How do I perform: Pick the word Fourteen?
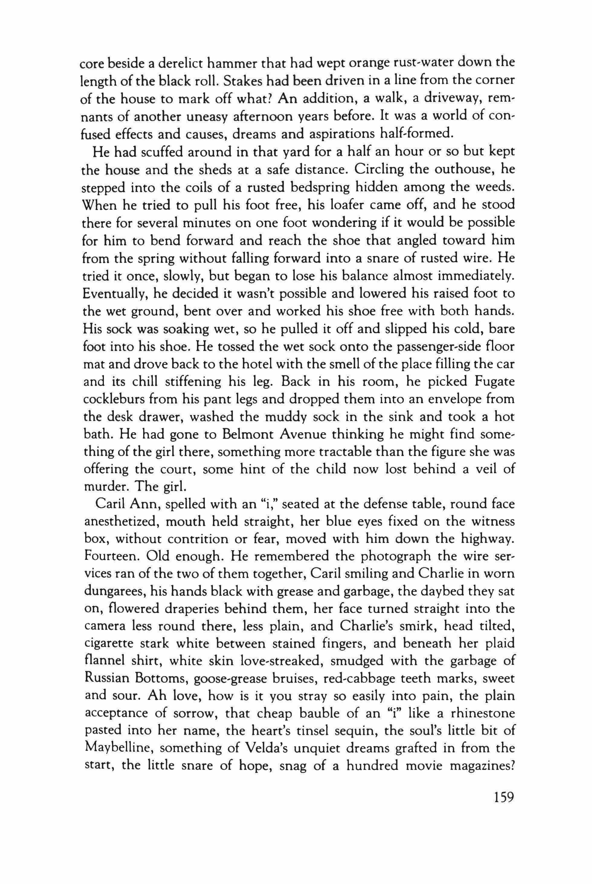click(110, 557)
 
